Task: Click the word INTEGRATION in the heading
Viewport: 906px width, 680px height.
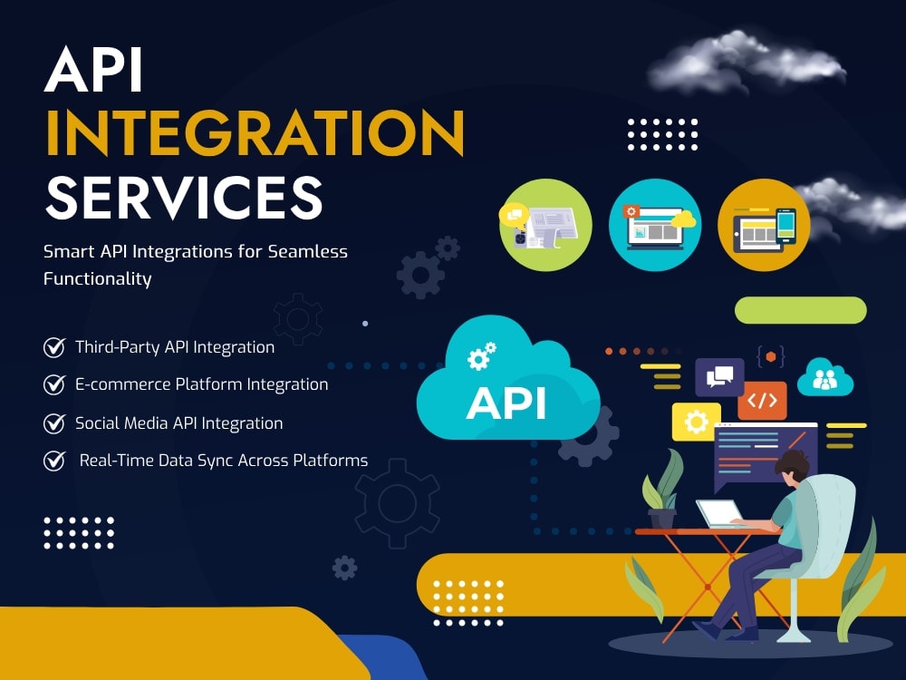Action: [x=255, y=132]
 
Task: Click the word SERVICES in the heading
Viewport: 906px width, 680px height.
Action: [x=184, y=198]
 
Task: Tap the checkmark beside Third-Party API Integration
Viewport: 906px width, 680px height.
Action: [x=54, y=347]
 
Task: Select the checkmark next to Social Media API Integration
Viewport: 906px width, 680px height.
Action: [x=54, y=423]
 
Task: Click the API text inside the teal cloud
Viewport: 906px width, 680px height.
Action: [x=506, y=403]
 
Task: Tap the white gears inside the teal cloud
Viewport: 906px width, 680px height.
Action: [x=481, y=355]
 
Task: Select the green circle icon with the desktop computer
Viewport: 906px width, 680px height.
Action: [x=545, y=225]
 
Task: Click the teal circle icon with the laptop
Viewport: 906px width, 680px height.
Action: [x=655, y=225]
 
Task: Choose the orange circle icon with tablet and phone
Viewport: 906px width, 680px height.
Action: [x=764, y=225]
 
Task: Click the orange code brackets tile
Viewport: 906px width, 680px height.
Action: [x=762, y=400]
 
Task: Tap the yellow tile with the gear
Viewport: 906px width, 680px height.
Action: [x=696, y=422]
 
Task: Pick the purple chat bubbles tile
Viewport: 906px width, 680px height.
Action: [x=719, y=377]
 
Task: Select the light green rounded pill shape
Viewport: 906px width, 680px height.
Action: [x=800, y=310]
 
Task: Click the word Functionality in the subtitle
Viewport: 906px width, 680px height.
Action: [x=98, y=278]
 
